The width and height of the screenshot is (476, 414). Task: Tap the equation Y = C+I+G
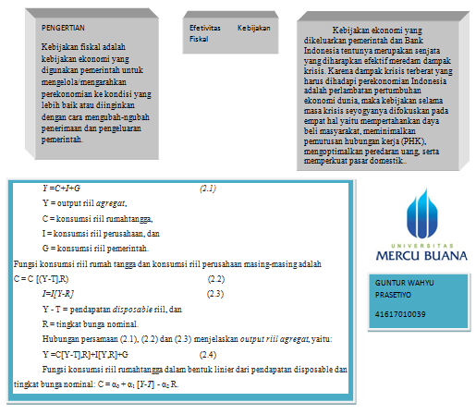61,189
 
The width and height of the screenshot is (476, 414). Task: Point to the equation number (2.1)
208,189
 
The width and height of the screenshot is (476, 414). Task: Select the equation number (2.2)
215,278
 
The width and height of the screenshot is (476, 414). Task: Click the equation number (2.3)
215,293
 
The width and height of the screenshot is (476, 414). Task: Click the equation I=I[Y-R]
59,293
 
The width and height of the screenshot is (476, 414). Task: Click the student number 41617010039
400,314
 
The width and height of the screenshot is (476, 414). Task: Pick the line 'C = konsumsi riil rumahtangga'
96,218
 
